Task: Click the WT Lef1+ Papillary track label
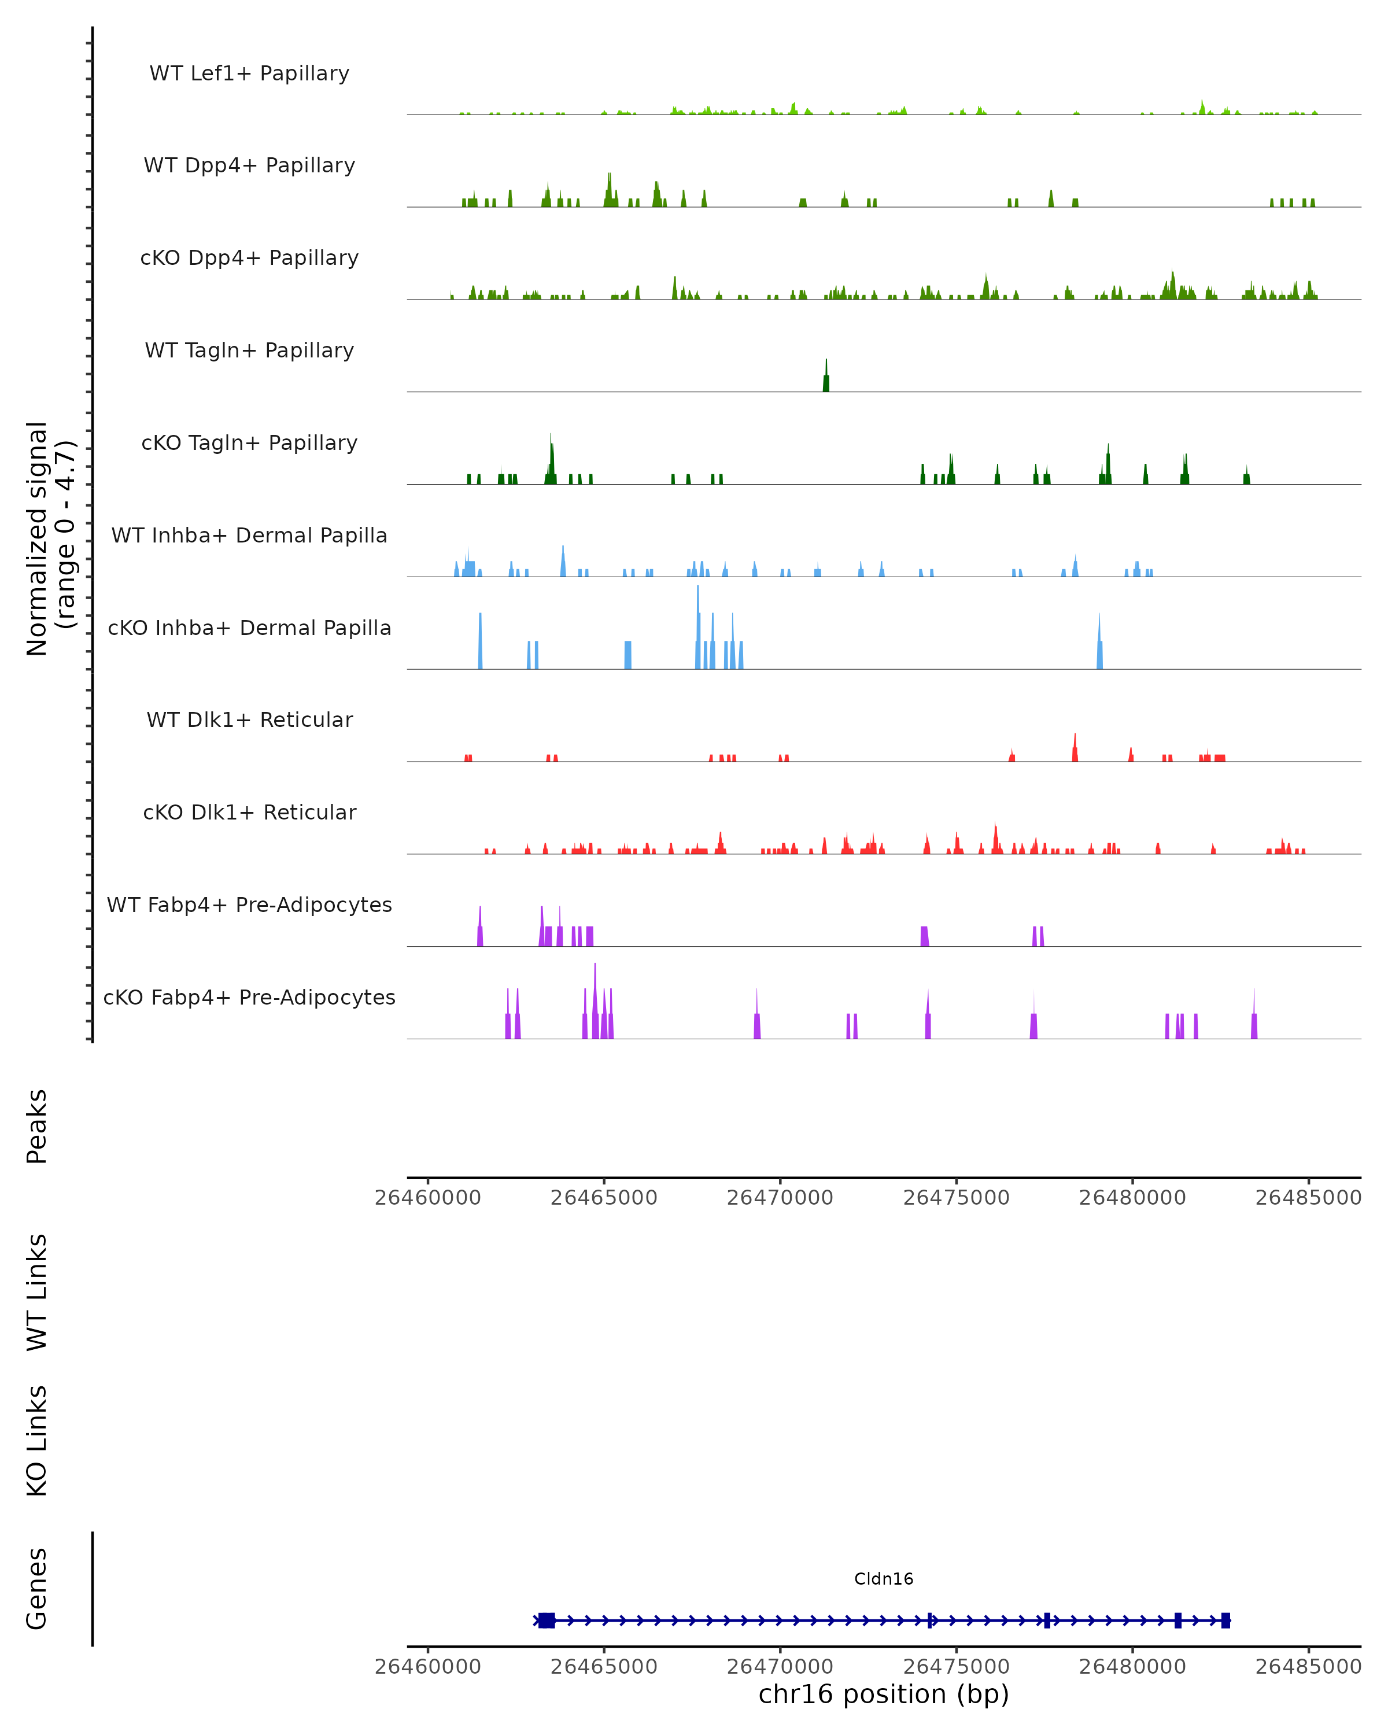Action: point(249,73)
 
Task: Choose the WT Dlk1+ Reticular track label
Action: point(249,719)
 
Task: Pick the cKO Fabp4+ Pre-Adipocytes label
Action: point(249,997)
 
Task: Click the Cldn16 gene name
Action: point(884,1578)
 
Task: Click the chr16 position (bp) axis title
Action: point(884,1694)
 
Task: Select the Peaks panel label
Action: point(37,1126)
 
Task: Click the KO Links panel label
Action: point(37,1441)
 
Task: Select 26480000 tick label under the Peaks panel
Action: point(1132,1198)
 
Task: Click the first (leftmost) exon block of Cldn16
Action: point(547,1620)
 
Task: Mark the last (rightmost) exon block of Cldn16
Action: point(1225,1620)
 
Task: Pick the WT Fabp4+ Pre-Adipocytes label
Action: point(249,905)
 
